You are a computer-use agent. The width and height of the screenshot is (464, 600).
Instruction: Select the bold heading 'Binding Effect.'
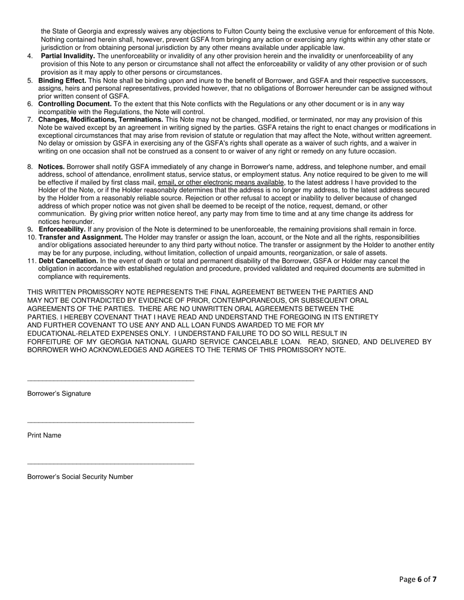click(x=62, y=80)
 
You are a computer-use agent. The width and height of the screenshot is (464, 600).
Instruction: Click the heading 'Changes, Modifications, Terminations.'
click(x=101, y=120)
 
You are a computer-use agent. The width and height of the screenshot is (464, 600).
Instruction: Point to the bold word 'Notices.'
click(x=51, y=167)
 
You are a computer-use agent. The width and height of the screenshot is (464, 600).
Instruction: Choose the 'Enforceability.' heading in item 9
click(x=62, y=229)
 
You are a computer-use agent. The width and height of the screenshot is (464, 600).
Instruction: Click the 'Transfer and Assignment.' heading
click(x=81, y=237)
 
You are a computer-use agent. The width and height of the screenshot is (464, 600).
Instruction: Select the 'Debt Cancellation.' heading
click(x=68, y=261)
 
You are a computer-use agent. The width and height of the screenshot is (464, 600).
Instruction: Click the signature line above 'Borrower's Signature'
click(x=111, y=380)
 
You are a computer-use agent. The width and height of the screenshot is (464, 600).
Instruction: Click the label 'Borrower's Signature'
click(x=59, y=394)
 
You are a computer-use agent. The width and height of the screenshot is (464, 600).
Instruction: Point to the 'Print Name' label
click(x=44, y=435)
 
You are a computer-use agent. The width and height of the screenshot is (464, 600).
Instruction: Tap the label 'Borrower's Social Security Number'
click(x=80, y=477)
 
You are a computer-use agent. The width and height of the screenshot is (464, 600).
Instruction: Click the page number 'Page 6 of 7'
click(x=418, y=580)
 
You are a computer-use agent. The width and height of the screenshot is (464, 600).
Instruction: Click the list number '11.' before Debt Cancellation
click(x=32, y=261)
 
